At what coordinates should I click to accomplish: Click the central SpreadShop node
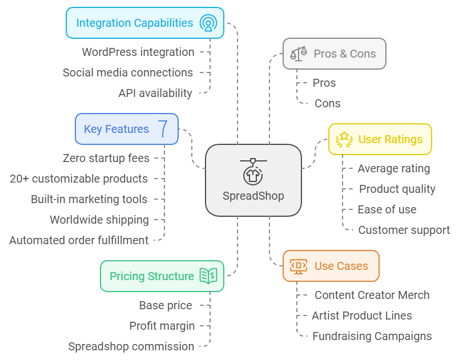[253, 180]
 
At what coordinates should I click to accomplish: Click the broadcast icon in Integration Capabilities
[208, 23]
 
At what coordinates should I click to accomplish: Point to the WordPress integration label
[138, 52]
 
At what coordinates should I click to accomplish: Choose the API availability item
[155, 93]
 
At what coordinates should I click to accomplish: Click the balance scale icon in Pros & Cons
[298, 54]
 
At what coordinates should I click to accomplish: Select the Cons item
[327, 103]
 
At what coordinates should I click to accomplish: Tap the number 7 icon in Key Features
[163, 129]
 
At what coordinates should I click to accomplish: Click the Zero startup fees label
[106, 158]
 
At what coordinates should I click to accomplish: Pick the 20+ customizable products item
[79, 179]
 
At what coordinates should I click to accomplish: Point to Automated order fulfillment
[79, 240]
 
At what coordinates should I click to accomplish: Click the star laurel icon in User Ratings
[344, 140]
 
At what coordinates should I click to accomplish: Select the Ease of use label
[387, 209]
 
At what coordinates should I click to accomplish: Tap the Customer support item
[404, 230]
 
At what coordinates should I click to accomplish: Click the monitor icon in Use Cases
[298, 266]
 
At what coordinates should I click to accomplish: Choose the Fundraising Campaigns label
[372, 336]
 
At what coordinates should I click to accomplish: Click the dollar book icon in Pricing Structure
[208, 276]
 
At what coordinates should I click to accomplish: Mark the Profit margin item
[162, 326]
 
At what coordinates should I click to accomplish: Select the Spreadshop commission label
[131, 346]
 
